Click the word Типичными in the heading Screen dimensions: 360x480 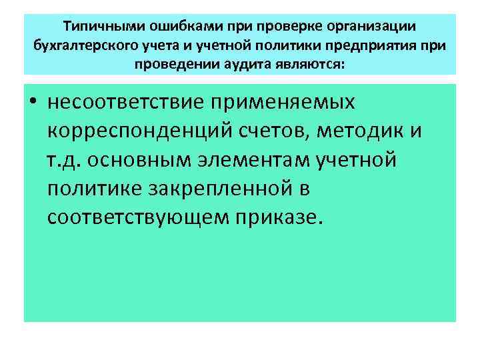(x=99, y=26)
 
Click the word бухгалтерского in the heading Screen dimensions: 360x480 (x=87, y=45)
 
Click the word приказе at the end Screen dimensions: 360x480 (x=285, y=218)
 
